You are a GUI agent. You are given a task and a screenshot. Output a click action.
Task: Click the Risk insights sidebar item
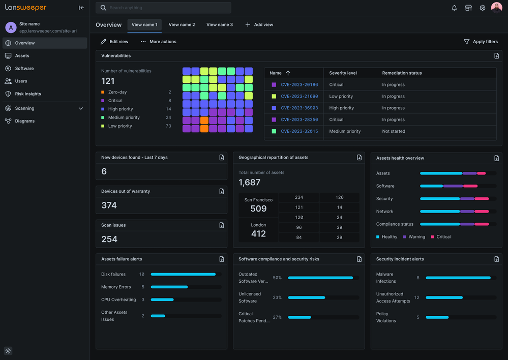pyautogui.click(x=28, y=94)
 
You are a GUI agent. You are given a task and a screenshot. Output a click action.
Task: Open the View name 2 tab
pyautogui.click(x=182, y=24)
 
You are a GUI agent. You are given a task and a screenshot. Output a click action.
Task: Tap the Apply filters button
pyautogui.click(x=481, y=42)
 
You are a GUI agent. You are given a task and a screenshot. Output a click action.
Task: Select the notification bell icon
pyautogui.click(x=454, y=8)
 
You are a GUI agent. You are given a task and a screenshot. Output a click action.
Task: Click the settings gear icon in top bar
pyautogui.click(x=483, y=8)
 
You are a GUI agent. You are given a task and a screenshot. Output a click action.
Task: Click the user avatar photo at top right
pyautogui.click(x=496, y=8)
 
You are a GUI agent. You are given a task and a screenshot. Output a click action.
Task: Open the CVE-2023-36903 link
pyautogui.click(x=299, y=108)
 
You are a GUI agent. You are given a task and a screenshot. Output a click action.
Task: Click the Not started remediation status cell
pyautogui.click(x=394, y=131)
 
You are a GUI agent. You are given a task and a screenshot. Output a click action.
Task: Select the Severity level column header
pyautogui.click(x=343, y=73)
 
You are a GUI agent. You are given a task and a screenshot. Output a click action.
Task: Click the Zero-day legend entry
pyautogui.click(x=117, y=92)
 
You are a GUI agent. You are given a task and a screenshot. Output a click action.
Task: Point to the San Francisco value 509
pyautogui.click(x=258, y=208)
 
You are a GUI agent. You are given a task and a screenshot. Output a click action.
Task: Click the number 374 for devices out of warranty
pyautogui.click(x=109, y=205)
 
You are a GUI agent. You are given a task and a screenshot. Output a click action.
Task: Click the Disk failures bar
pyautogui.click(x=183, y=274)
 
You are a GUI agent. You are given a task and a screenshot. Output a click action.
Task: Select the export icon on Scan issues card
pyautogui.click(x=221, y=225)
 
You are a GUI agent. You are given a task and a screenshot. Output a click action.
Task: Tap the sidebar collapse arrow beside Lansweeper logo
pyautogui.click(x=81, y=8)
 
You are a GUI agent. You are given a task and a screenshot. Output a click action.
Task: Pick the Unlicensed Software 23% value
pyautogui.click(x=277, y=297)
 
